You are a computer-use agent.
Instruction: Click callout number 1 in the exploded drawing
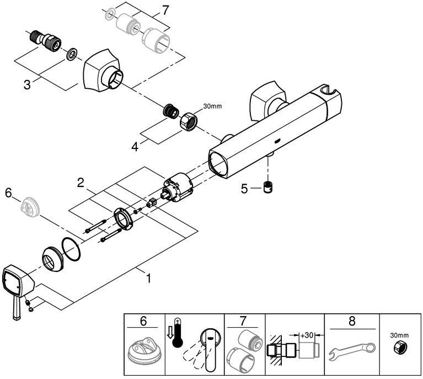(148, 279)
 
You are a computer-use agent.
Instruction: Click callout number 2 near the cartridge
(81, 183)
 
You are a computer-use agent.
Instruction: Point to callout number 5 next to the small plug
(244, 188)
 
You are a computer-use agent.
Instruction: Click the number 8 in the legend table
(352, 321)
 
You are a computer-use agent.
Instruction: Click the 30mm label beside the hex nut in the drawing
(212, 106)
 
